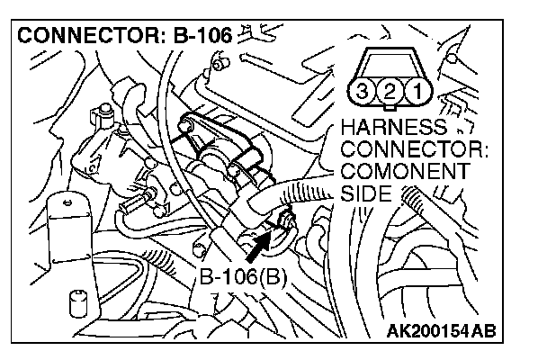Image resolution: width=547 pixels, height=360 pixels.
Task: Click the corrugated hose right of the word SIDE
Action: pos(417,200)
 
